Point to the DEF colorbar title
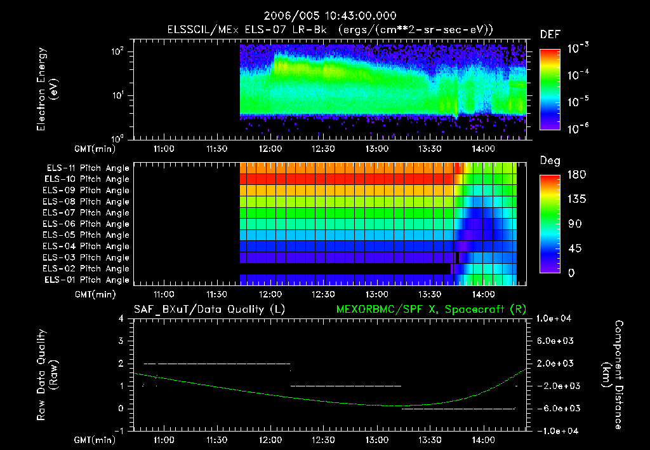pyautogui.click(x=550, y=34)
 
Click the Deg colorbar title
pyautogui.click(x=550, y=161)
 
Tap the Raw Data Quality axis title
pyautogui.click(x=48, y=374)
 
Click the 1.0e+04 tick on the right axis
pyautogui.click(x=555, y=318)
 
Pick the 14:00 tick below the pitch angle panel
pyautogui.click(x=484, y=295)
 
